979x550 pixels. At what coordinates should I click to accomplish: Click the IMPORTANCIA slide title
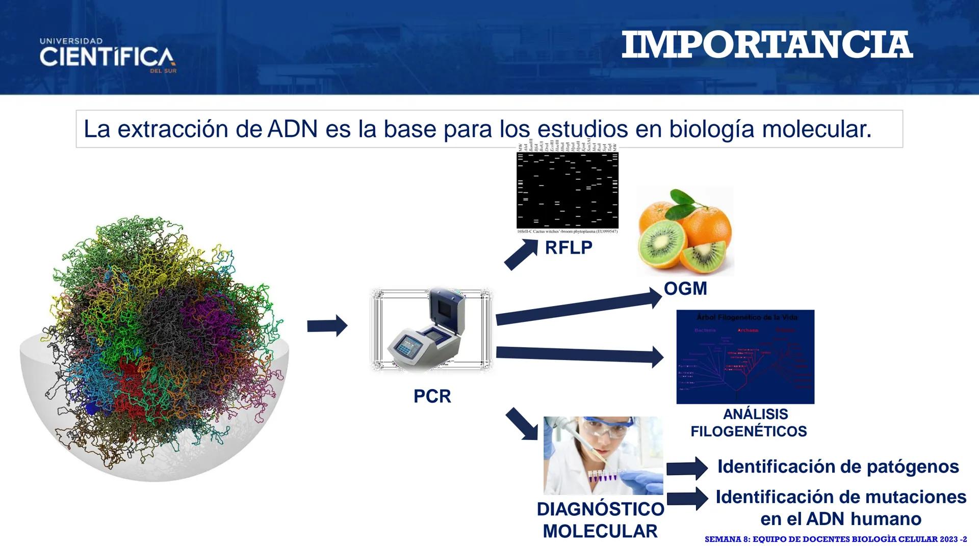point(767,45)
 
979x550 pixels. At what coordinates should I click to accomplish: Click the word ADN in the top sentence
point(293,129)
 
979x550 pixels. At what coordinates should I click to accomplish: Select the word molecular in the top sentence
point(817,129)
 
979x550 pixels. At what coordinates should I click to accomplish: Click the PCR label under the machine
point(432,396)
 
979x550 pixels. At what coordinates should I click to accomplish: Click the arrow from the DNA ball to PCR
point(327,326)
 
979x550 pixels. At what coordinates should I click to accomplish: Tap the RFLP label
point(569,248)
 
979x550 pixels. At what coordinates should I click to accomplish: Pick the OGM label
point(685,289)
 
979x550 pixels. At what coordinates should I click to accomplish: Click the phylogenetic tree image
point(745,356)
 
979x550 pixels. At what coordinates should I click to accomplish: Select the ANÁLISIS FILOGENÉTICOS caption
point(749,423)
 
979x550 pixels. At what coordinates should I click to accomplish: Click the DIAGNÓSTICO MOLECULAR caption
point(600,520)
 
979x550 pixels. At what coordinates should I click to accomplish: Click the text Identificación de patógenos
point(838,466)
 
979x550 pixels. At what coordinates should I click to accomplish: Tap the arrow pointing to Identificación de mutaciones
point(687,499)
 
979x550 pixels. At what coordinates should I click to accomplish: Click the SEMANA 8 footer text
point(835,539)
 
